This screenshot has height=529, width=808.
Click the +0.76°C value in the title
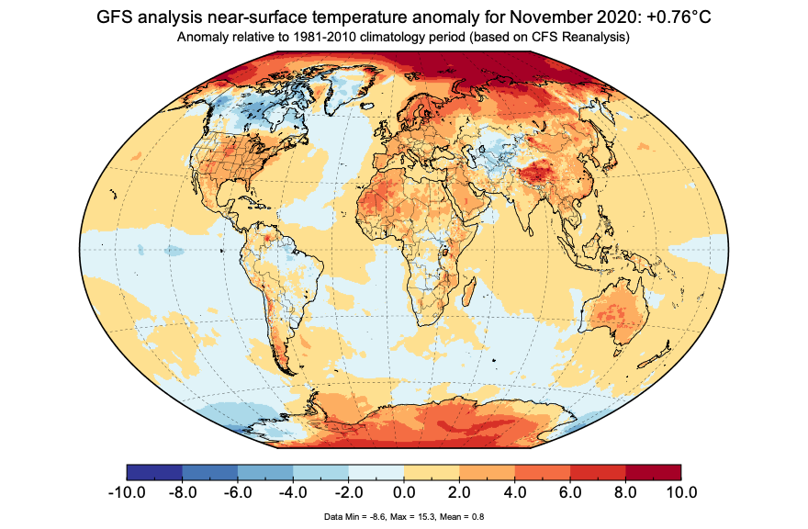670,17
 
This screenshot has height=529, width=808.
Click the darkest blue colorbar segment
154,472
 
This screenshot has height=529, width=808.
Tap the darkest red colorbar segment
653,472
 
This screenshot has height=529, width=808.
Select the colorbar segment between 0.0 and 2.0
432,472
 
